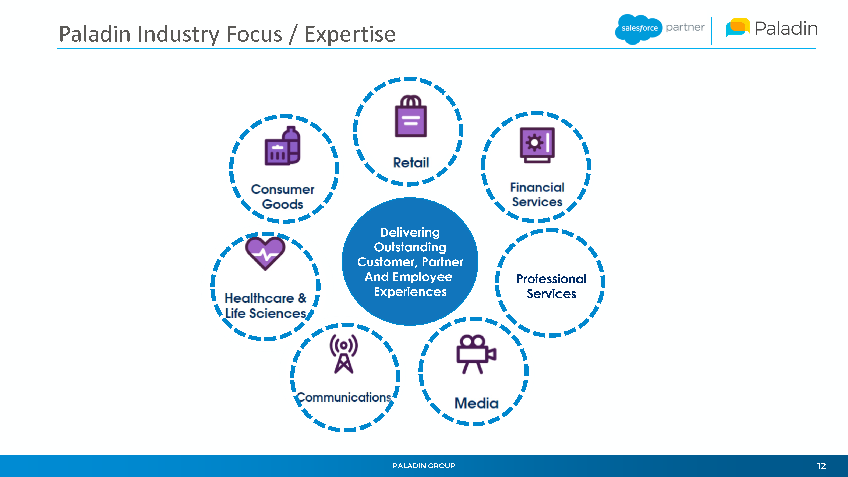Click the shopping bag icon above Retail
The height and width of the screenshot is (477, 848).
point(411,116)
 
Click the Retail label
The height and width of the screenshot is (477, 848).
point(411,163)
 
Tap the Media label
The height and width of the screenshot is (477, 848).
point(476,403)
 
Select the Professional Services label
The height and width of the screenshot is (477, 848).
point(551,286)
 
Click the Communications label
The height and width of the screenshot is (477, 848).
point(344,397)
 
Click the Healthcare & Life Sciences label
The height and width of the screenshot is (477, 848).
point(266,305)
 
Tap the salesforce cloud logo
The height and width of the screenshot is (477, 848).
point(639,29)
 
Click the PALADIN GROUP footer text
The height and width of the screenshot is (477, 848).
point(424,466)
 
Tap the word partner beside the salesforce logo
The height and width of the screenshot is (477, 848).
point(685,28)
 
